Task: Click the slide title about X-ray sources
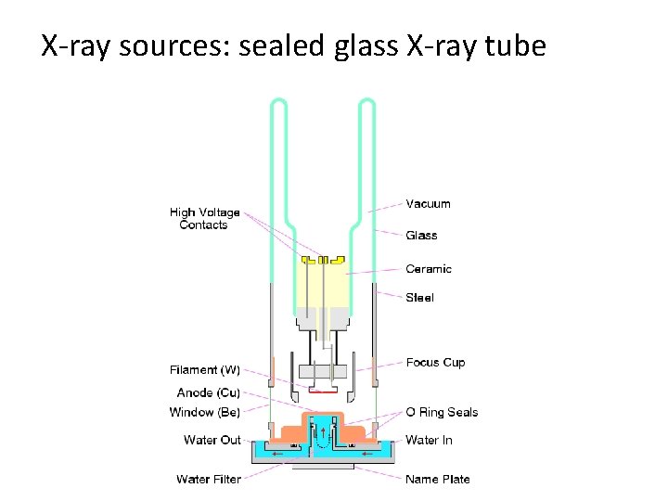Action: (x=293, y=45)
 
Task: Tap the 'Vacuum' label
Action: (x=428, y=204)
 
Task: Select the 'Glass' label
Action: (x=421, y=236)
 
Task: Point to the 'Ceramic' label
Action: (x=429, y=269)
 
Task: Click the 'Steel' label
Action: (x=419, y=298)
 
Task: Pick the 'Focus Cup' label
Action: (x=435, y=363)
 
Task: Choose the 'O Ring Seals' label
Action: (x=442, y=412)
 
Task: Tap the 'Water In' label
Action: (x=429, y=440)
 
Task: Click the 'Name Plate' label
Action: (x=437, y=480)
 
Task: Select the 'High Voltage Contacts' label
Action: (x=204, y=219)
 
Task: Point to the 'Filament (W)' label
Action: (x=205, y=370)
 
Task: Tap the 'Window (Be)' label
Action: (x=204, y=412)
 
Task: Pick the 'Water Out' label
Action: (x=212, y=440)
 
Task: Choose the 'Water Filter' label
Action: (x=209, y=480)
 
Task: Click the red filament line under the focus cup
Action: (x=321, y=392)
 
